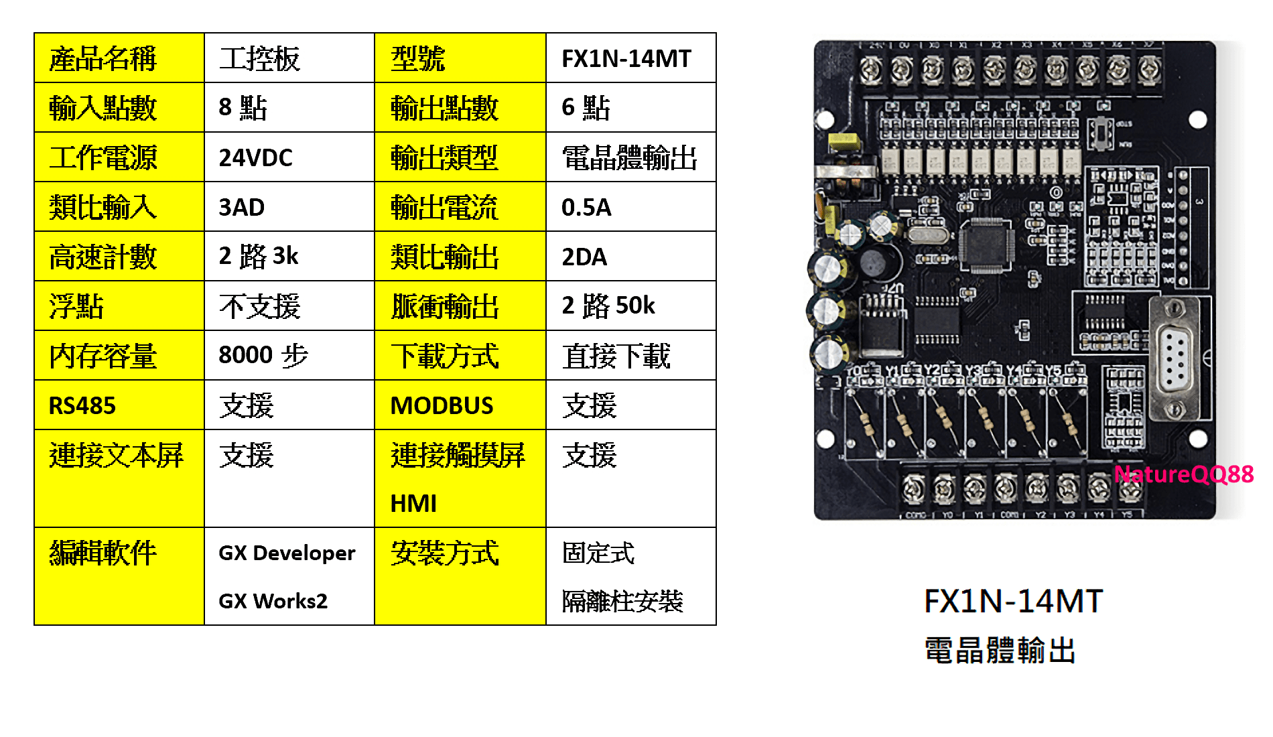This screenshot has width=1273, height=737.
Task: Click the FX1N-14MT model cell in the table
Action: tap(626, 59)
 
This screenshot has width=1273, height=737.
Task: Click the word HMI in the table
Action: tap(413, 504)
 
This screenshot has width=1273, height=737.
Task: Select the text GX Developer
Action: tap(287, 553)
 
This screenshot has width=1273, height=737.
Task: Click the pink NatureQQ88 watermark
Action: tap(1183, 474)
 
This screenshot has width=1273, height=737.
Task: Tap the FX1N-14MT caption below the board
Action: tap(1013, 601)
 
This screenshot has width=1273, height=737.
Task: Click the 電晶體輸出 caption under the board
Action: tap(1000, 651)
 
